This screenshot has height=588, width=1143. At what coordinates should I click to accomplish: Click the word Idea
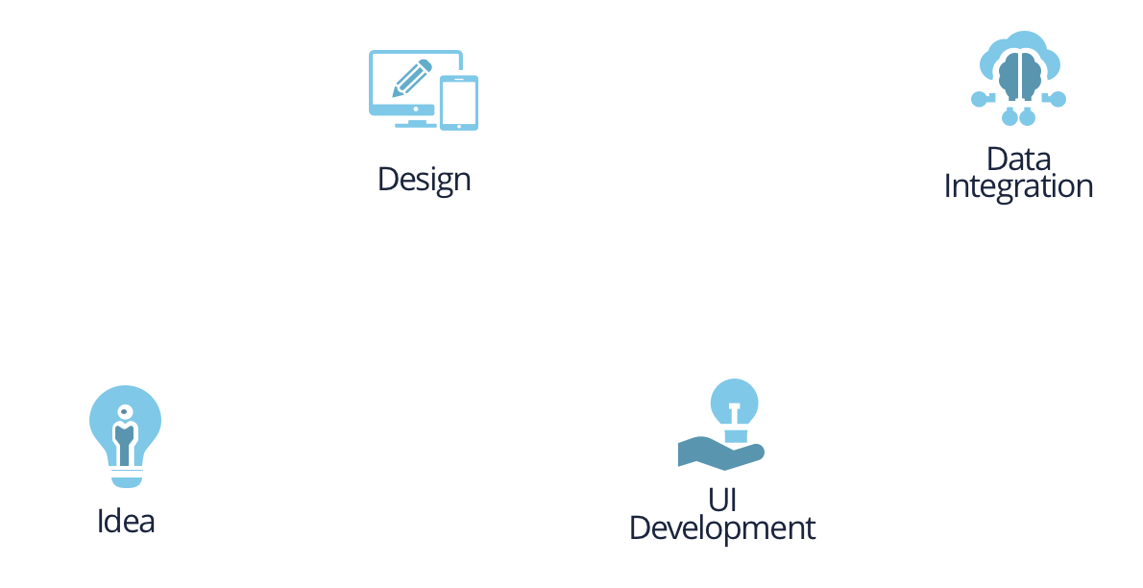(x=126, y=521)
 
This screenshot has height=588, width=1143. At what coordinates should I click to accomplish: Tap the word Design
(x=424, y=180)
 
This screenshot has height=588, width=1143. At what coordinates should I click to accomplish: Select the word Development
(x=721, y=527)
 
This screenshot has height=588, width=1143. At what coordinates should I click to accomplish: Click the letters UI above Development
(x=721, y=500)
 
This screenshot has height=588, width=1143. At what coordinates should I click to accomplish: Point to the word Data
(x=1018, y=159)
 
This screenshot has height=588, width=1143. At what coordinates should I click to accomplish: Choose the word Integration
(x=1018, y=185)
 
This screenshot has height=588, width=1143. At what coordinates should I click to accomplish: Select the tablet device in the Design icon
(x=459, y=102)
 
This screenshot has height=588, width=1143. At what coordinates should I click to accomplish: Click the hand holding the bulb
(x=716, y=451)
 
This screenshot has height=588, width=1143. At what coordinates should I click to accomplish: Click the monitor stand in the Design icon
(x=416, y=121)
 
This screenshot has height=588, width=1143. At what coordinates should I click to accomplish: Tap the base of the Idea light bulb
(x=125, y=475)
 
